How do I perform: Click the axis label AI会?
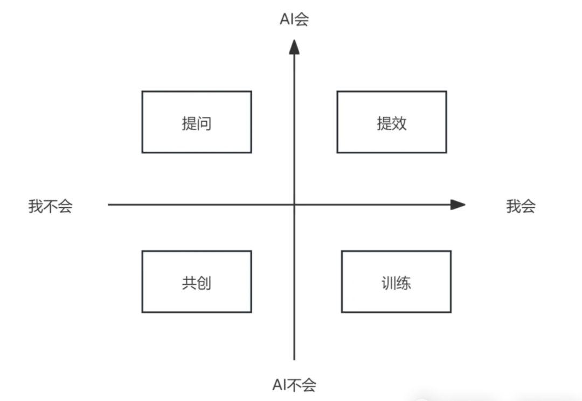pos(294,19)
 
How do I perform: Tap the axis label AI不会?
pos(294,385)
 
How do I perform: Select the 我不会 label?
pos(51,206)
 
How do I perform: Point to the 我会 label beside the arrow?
pos(521,206)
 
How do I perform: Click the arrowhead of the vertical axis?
pos(294,47)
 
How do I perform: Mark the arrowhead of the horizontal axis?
pos(458,205)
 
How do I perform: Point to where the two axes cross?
pos(294,205)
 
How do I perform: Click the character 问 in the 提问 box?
pos(204,123)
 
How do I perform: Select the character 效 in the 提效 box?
pos(399,123)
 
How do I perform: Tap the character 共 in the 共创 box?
pos(189,283)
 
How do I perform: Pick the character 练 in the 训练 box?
pos(404,283)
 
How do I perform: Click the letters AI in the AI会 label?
pos(287,19)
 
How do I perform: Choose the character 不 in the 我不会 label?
pos(51,206)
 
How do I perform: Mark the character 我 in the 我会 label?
pos(514,206)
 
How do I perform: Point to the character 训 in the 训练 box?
pos(389,283)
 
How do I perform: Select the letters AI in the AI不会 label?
pos(280,385)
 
